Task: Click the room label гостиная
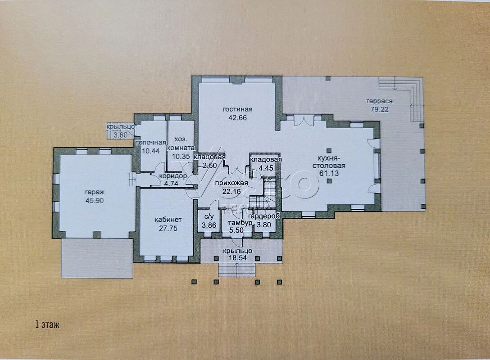(x=237, y=109)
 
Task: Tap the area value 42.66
(x=238, y=118)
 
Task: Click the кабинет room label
(x=168, y=220)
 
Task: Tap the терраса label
(x=379, y=101)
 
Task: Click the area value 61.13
(x=330, y=174)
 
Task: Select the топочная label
(x=150, y=143)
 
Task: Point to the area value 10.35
(x=181, y=157)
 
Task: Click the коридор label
(x=173, y=176)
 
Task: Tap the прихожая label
(x=231, y=183)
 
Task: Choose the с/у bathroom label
(x=209, y=216)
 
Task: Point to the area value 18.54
(x=238, y=258)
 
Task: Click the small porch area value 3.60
(x=120, y=135)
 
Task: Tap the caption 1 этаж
(x=47, y=325)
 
